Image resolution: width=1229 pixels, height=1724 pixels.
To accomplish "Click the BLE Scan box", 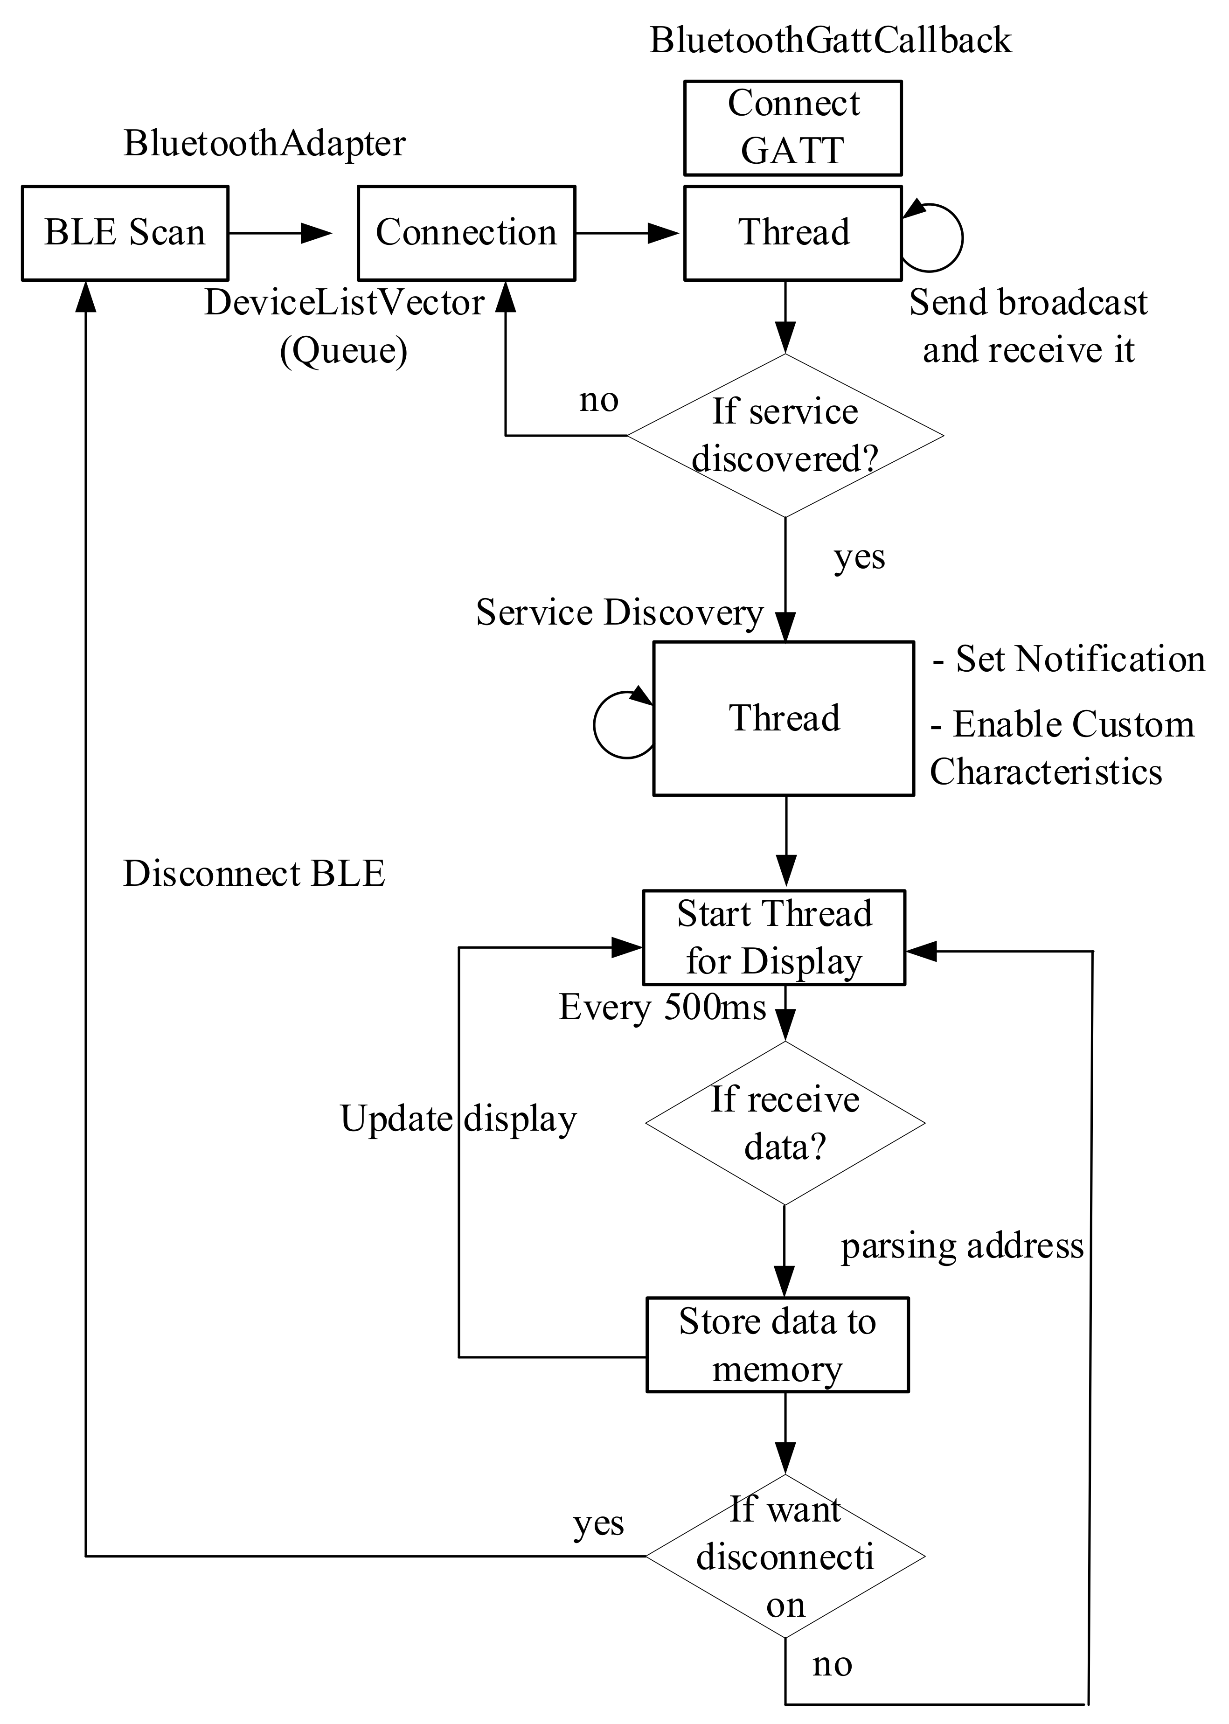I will tap(125, 233).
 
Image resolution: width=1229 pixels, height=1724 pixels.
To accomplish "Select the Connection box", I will tap(466, 233).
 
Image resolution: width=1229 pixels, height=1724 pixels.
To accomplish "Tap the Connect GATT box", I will tap(792, 128).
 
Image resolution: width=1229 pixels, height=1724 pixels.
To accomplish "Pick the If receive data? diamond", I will tap(785, 1123).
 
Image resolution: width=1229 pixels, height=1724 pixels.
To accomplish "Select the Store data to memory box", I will tap(777, 1345).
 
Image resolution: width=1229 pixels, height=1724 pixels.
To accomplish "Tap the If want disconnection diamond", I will tap(785, 1556).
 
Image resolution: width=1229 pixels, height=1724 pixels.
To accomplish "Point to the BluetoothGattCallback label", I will tap(830, 40).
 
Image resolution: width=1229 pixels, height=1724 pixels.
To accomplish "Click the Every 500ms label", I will tap(662, 1008).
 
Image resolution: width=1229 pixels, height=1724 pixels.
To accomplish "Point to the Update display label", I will tap(458, 1119).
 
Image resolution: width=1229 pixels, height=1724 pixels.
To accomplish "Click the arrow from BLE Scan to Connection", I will tap(280, 233).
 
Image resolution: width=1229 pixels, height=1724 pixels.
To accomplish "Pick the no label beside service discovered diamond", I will tap(598, 400).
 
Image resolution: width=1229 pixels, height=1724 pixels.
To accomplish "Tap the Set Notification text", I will tap(1069, 659).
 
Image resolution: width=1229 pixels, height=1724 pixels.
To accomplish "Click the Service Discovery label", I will tap(619, 612).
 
